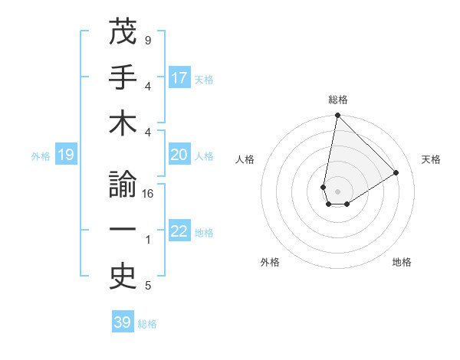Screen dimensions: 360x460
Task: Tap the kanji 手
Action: pyautogui.click(x=123, y=79)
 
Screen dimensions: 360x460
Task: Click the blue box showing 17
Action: pyautogui.click(x=179, y=78)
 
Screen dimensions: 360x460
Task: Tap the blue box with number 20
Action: pyautogui.click(x=179, y=155)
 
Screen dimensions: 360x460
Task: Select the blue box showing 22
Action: pyautogui.click(x=179, y=231)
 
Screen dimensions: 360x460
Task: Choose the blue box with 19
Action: pyautogui.click(x=66, y=155)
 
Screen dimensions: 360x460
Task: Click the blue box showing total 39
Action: pyautogui.click(x=123, y=322)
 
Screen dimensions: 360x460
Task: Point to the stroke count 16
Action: pyautogui.click(x=149, y=194)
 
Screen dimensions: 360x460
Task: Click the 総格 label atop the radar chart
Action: pyautogui.click(x=337, y=100)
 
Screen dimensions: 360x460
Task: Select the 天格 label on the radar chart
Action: pyautogui.click(x=431, y=159)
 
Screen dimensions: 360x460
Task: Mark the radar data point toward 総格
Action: pyautogui.click(x=337, y=116)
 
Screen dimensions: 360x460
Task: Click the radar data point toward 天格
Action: pyautogui.click(x=396, y=172)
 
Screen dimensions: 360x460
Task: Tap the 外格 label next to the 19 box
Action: pyautogui.click(x=41, y=155)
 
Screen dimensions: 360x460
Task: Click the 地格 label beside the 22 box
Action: pyautogui.click(x=205, y=232)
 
